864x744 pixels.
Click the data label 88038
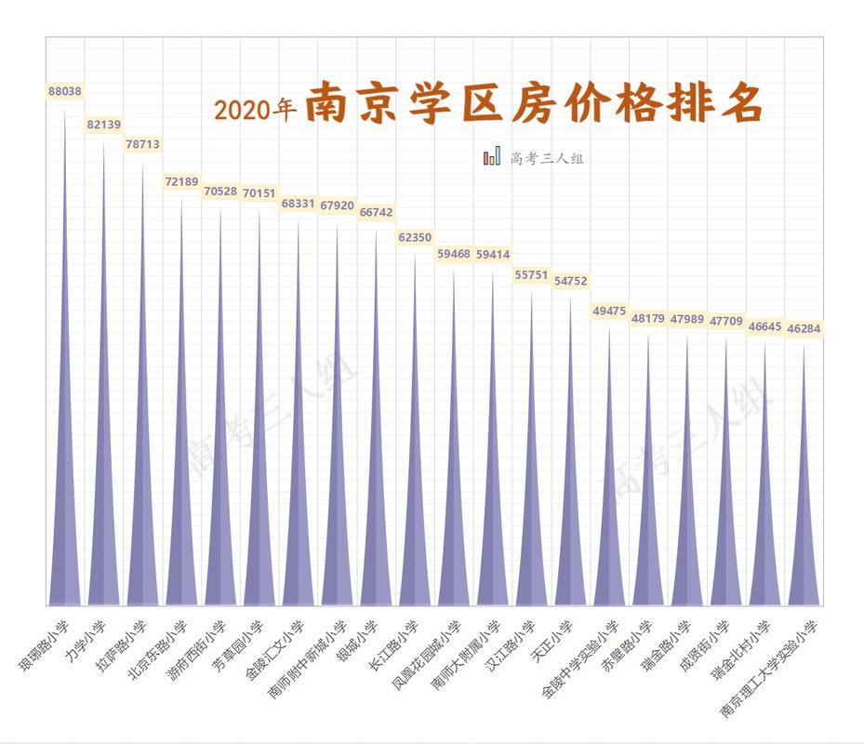coord(64,92)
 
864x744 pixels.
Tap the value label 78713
coord(142,144)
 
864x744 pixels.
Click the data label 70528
coord(220,192)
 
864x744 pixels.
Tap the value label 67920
coord(337,205)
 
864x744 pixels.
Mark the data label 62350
coord(415,237)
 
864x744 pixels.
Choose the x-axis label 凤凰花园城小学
coord(426,656)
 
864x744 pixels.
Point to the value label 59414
coord(493,254)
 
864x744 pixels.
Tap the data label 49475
coord(609,311)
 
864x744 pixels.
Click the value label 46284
coord(804,328)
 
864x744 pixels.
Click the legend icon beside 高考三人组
coord(492,157)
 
